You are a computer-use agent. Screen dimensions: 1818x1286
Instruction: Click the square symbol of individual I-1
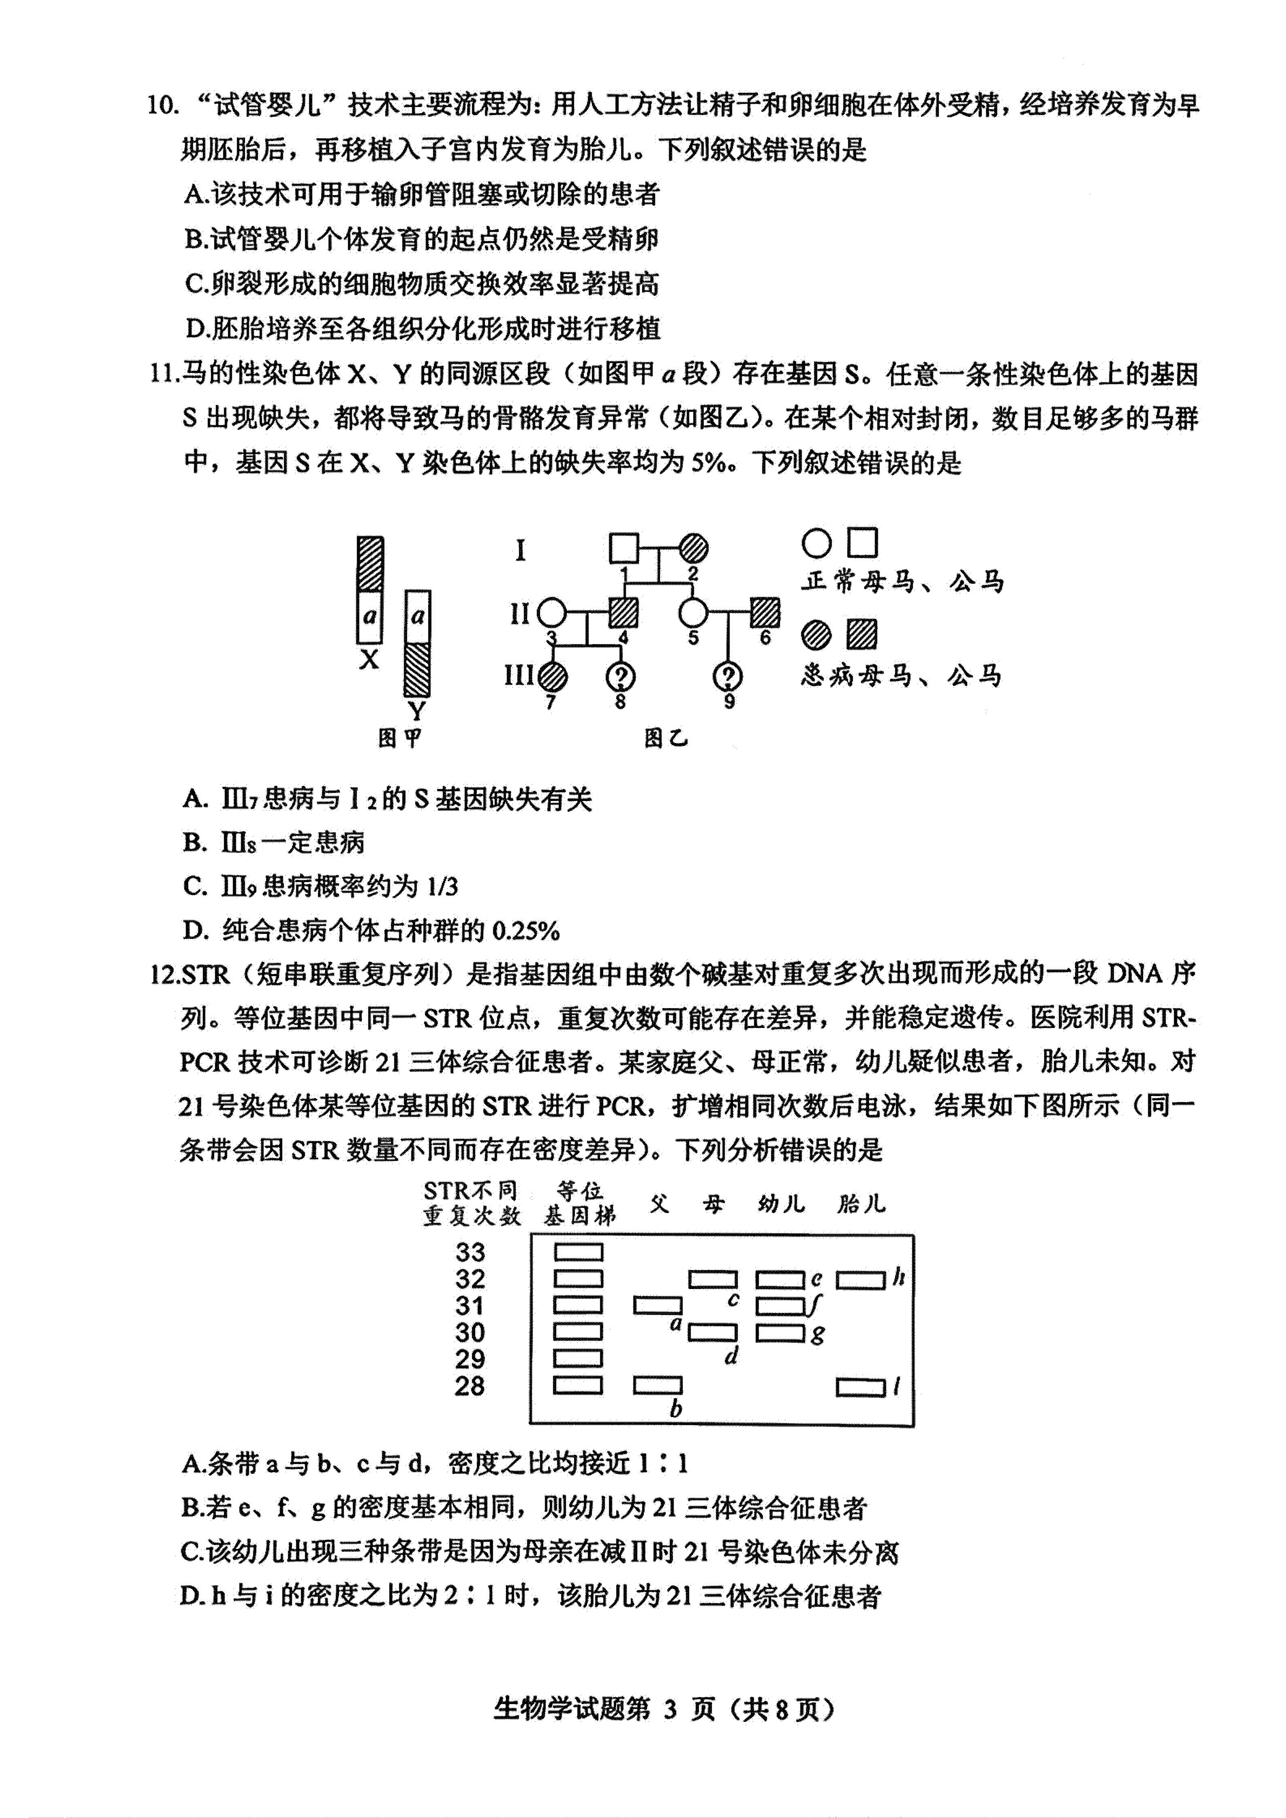click(623, 548)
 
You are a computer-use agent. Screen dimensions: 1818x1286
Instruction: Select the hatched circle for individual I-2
click(694, 548)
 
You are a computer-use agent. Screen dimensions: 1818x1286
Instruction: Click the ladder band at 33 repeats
click(578, 1252)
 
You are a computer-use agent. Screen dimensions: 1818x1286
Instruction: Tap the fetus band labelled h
click(861, 1280)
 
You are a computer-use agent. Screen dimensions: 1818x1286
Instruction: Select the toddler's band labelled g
click(781, 1333)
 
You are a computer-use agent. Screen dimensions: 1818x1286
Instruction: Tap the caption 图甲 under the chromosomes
click(400, 738)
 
